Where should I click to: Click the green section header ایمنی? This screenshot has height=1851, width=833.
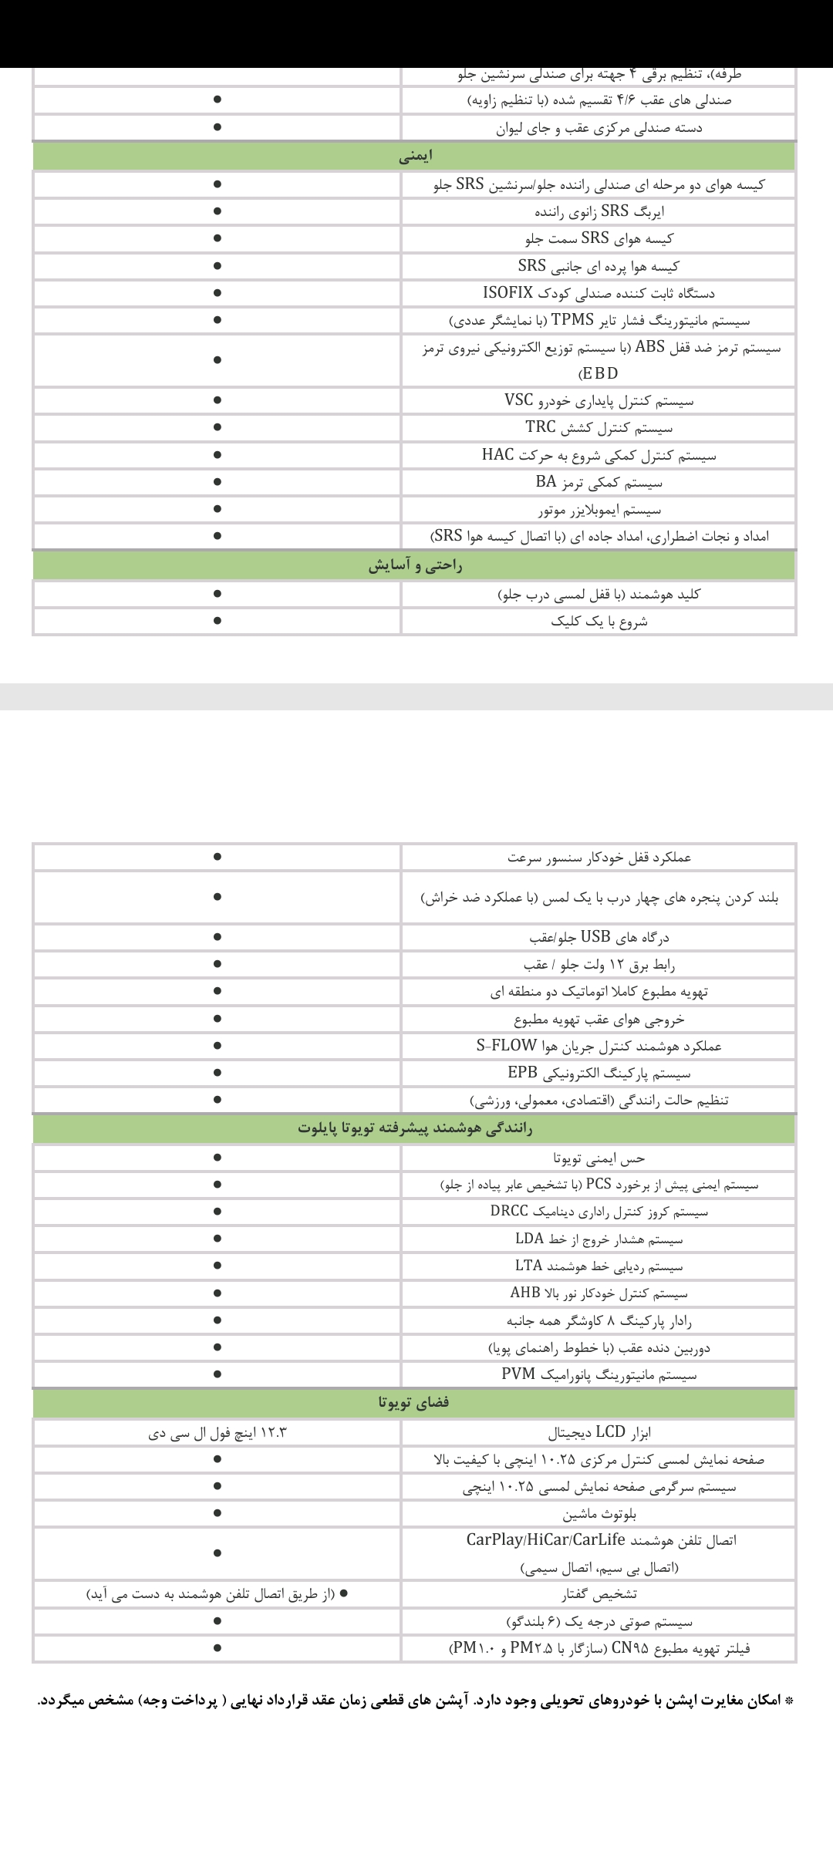(x=415, y=157)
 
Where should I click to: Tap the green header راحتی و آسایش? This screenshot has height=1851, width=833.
(x=415, y=566)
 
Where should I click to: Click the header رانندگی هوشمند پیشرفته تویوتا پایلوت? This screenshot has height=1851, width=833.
(x=415, y=1128)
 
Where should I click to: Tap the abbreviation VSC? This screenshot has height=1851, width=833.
(x=519, y=400)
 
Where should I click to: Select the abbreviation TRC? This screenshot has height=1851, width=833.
(x=541, y=427)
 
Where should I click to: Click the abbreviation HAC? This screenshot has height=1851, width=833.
(x=497, y=455)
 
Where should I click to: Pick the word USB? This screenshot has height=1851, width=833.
(x=595, y=937)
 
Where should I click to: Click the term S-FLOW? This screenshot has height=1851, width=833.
(x=505, y=1046)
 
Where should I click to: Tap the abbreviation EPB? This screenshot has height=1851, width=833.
(x=522, y=1073)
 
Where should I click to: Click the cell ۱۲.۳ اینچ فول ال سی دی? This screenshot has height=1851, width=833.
(x=218, y=1433)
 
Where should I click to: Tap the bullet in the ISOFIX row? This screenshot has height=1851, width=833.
(x=218, y=293)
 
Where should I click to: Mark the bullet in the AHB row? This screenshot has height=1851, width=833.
(x=218, y=1293)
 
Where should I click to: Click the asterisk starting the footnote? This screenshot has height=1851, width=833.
(x=788, y=1678)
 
